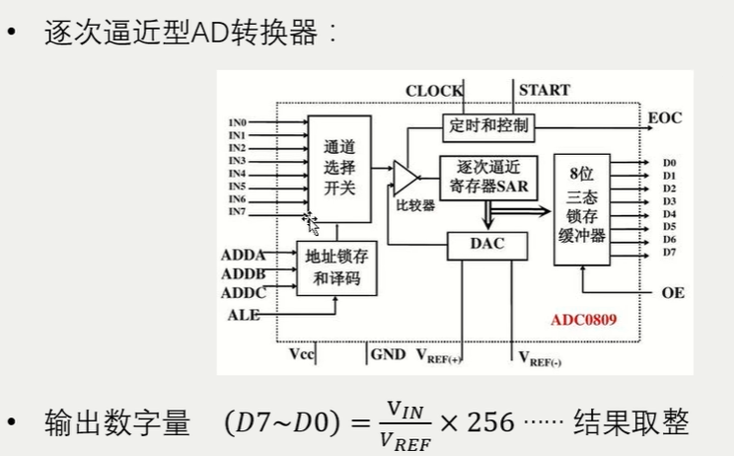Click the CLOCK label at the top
(x=434, y=91)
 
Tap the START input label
(x=544, y=90)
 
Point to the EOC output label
(x=665, y=118)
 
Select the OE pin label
(x=673, y=292)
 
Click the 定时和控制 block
(x=488, y=125)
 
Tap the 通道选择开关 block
(x=338, y=167)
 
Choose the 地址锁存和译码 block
(x=336, y=266)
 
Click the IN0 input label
(x=237, y=122)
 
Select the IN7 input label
(x=237, y=211)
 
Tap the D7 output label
(x=669, y=252)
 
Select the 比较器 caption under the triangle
(x=415, y=206)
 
